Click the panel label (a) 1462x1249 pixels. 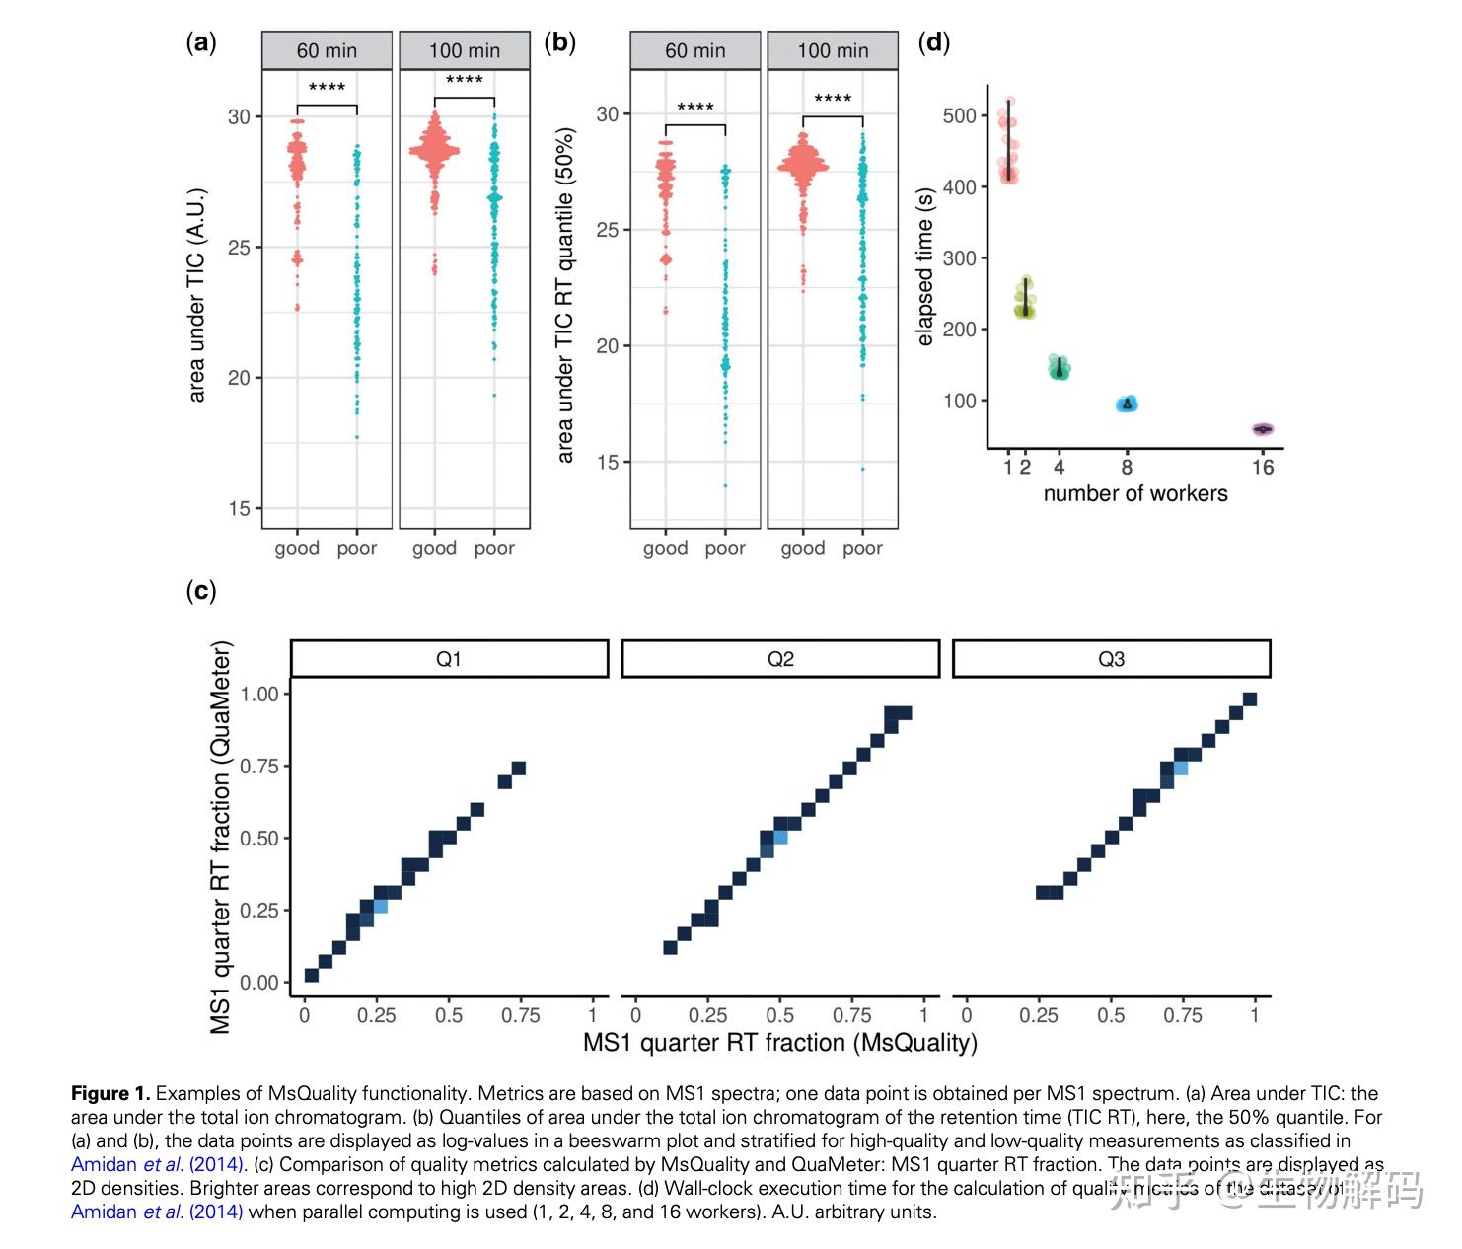click(201, 42)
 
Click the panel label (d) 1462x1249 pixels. click(933, 42)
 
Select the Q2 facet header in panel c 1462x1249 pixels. click(780, 659)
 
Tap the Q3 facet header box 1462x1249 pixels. click(1111, 659)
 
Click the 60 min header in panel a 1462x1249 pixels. click(327, 50)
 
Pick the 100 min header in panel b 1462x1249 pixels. click(833, 50)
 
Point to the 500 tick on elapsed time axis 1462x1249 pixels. click(959, 115)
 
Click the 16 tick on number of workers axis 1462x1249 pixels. click(1263, 468)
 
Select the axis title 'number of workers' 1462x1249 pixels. click(1135, 493)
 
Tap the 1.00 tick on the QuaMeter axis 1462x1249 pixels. click(259, 695)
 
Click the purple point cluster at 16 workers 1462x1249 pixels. click(1263, 429)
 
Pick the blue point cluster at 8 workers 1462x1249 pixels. click(1127, 404)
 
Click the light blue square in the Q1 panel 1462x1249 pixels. click(381, 907)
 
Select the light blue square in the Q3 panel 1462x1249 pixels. click(1180, 769)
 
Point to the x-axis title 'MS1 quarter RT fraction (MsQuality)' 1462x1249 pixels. click(779, 1043)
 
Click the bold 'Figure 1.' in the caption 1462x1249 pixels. click(110, 1093)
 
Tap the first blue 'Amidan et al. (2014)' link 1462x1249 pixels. click(157, 1164)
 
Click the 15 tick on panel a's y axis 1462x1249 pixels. click(240, 509)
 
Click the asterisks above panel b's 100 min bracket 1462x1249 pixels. click(833, 99)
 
